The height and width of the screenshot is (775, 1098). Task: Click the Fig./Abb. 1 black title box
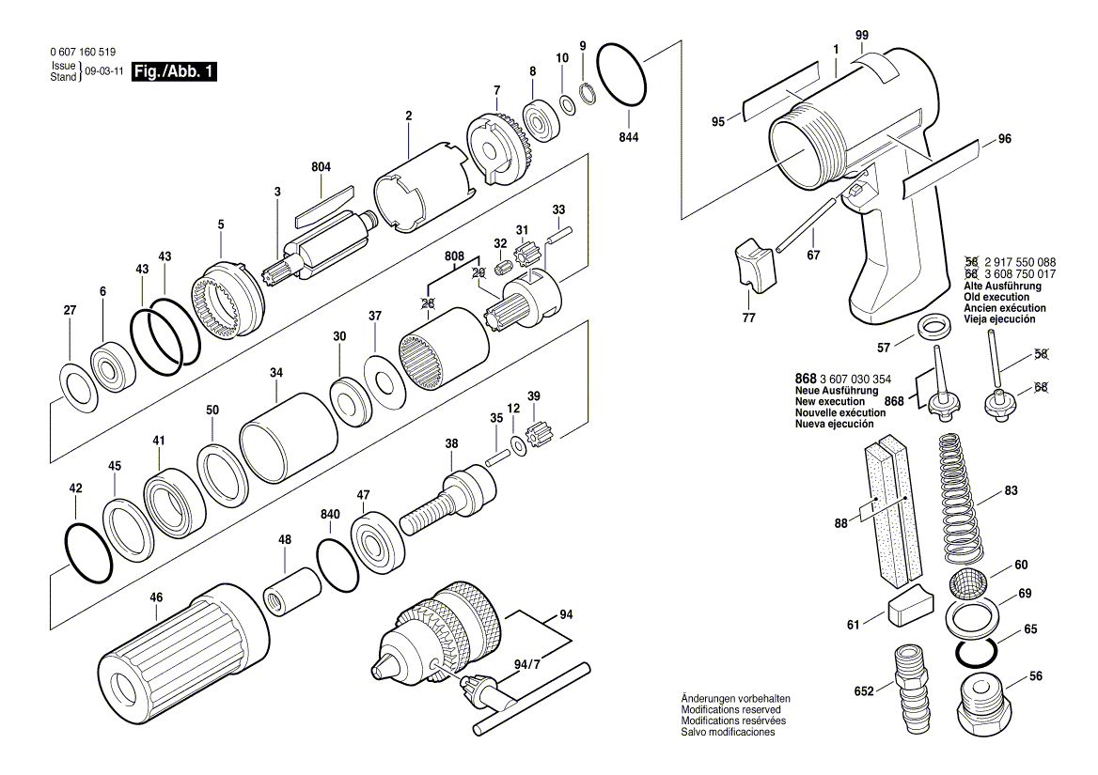tap(176, 72)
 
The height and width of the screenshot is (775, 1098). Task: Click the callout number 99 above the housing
tap(862, 36)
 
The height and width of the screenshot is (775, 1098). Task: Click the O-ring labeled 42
tap(88, 553)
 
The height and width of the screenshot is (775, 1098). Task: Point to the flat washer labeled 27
tap(78, 385)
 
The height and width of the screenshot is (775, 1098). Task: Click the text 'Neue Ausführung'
tap(837, 391)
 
